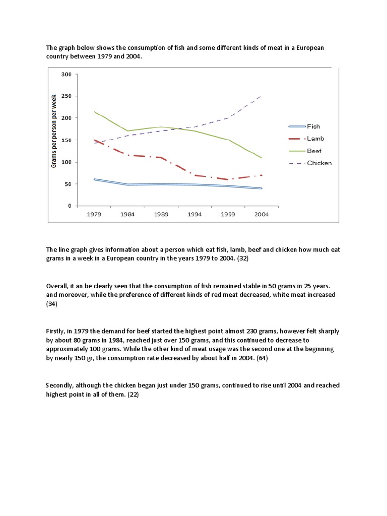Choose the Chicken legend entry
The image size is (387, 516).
(x=319, y=163)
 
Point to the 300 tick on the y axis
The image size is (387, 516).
(x=66, y=74)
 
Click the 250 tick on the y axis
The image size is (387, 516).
(x=66, y=96)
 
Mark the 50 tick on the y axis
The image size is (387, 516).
(x=68, y=184)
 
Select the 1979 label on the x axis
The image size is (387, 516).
(x=94, y=214)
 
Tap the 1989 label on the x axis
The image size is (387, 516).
(x=161, y=214)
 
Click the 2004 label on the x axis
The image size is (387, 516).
(x=262, y=214)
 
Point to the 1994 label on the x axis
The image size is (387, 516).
(x=195, y=214)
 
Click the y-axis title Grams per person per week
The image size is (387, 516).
(x=54, y=131)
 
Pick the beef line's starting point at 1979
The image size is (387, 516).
(x=94, y=111)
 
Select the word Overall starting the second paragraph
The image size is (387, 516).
(x=58, y=286)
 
